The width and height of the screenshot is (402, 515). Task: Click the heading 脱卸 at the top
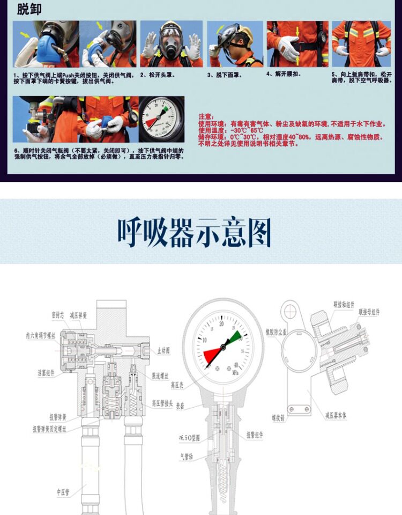tap(29, 9)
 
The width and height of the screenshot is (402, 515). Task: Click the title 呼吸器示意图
tap(194, 233)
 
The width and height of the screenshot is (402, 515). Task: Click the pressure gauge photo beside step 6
tap(161, 119)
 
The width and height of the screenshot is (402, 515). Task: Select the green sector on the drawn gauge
tap(234, 338)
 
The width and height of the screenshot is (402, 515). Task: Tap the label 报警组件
tap(255, 436)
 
